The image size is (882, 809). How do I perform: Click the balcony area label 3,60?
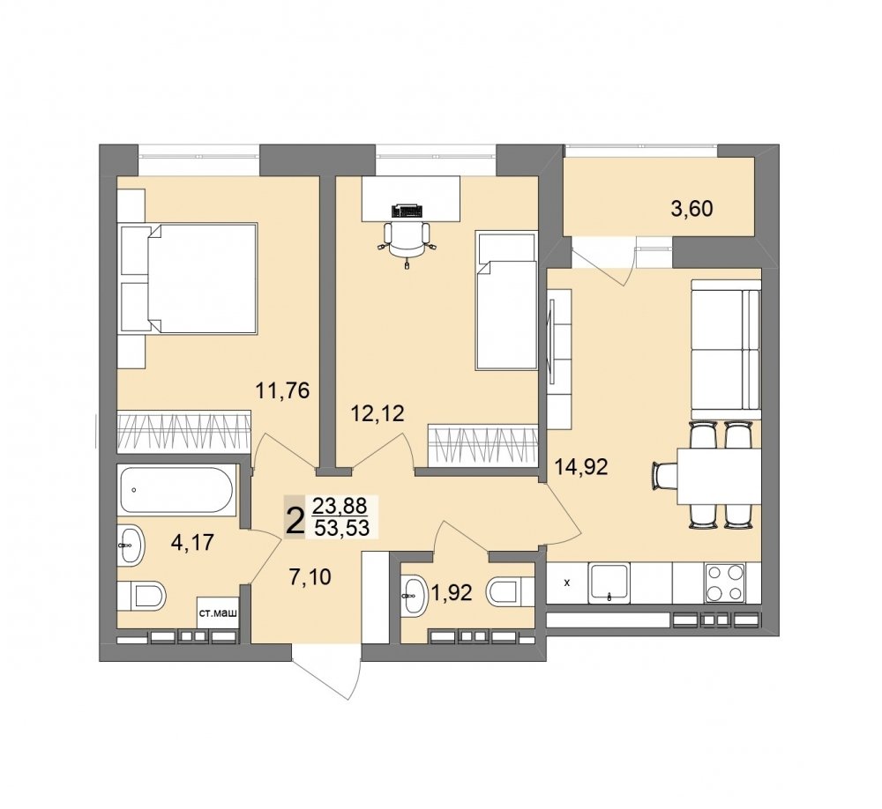pyautogui.click(x=691, y=209)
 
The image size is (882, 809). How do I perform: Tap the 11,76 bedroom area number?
pyautogui.click(x=282, y=390)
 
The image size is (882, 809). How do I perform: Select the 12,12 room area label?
pyautogui.click(x=377, y=414)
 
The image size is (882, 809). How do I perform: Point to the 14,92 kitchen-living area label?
pyautogui.click(x=581, y=466)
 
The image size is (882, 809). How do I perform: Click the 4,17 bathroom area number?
pyautogui.click(x=193, y=543)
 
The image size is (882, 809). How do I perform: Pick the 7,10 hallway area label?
pyautogui.click(x=310, y=576)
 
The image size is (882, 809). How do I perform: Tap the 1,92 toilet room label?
pyautogui.click(x=451, y=592)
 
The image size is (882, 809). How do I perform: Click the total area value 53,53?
pyautogui.click(x=341, y=529)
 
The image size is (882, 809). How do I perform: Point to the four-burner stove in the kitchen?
pyautogui.click(x=726, y=583)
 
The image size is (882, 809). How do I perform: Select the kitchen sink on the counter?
pyautogui.click(x=609, y=583)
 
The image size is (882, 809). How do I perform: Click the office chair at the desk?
pyautogui.click(x=406, y=240)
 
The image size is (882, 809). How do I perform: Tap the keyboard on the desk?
pyautogui.click(x=407, y=211)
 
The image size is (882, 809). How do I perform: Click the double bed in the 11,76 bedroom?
pyautogui.click(x=189, y=278)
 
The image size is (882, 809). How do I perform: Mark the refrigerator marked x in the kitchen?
pyautogui.click(x=567, y=583)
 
